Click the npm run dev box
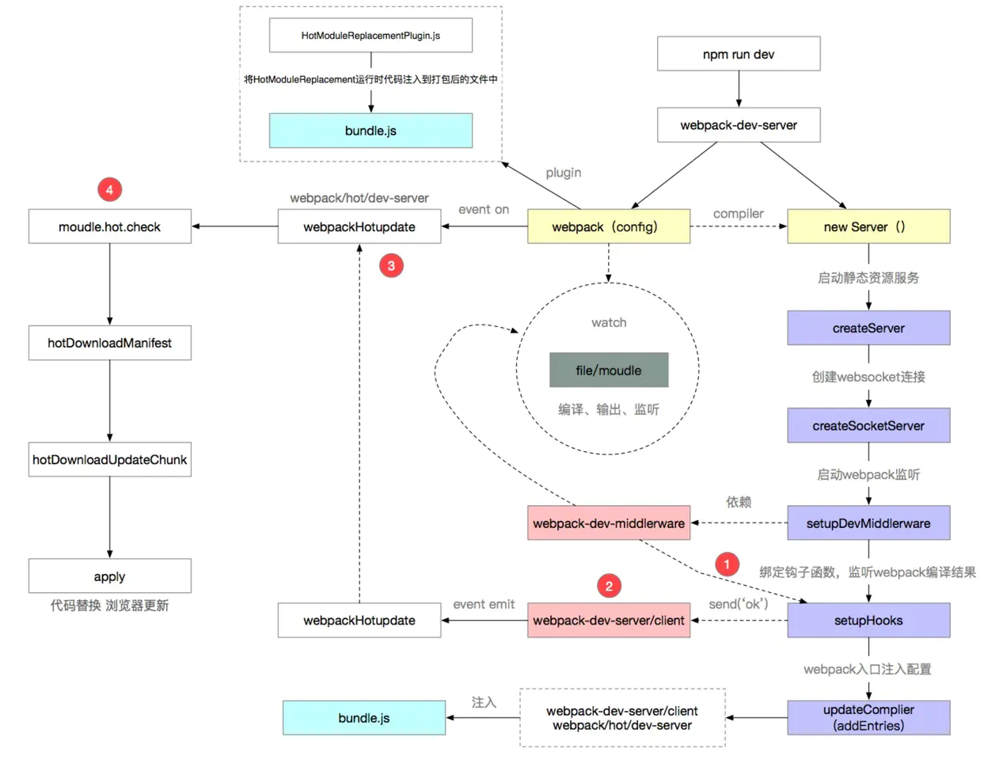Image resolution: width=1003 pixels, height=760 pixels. [739, 54]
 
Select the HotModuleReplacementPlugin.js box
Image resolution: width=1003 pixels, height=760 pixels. [370, 36]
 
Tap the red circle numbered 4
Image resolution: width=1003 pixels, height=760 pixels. [109, 189]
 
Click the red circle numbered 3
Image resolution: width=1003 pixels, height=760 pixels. [391, 265]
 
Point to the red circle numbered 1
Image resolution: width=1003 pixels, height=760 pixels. [727, 564]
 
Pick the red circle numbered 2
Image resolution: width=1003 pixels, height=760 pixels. [609, 586]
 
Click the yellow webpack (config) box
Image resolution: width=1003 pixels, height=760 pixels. [609, 226]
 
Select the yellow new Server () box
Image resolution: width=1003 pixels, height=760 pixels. [868, 226]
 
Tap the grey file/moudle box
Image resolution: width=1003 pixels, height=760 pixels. [609, 370]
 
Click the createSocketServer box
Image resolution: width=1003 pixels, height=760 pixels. [868, 425]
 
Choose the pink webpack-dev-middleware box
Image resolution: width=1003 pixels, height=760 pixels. [609, 523]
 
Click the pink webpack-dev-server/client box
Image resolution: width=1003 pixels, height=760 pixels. [609, 621]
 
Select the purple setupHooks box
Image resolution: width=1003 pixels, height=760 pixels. [868, 621]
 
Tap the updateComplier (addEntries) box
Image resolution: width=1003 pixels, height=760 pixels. [868, 718]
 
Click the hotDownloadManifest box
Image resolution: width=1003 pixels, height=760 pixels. [109, 343]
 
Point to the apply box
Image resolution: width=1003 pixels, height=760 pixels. [109, 576]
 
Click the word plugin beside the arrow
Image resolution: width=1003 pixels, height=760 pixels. [564, 173]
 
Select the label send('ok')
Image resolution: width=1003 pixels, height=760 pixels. [738, 604]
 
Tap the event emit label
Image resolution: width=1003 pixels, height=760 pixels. [484, 604]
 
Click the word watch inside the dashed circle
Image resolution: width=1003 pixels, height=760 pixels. [609, 322]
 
